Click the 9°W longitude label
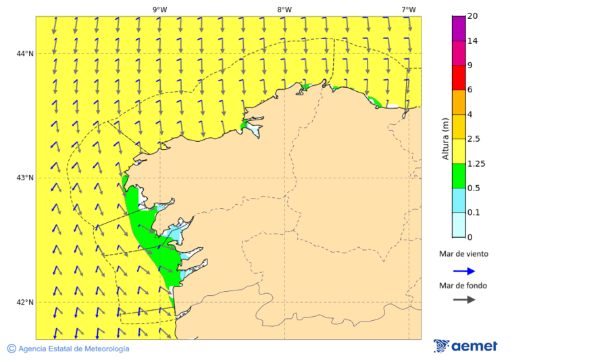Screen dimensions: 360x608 click(x=159, y=9)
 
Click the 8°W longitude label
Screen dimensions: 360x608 click(x=284, y=9)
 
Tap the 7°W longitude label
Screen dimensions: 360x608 click(x=408, y=9)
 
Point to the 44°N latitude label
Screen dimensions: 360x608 click(x=25, y=54)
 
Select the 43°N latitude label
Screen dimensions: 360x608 click(x=25, y=178)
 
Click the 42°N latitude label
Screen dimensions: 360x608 click(x=25, y=303)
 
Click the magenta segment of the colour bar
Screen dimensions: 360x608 click(x=459, y=28)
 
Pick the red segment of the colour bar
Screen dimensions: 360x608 click(x=459, y=78)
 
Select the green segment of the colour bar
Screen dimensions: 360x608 click(x=459, y=176)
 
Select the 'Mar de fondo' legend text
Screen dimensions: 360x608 click(x=463, y=286)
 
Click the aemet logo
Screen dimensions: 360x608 click(x=465, y=346)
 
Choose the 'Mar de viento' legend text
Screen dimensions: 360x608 click(x=463, y=255)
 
